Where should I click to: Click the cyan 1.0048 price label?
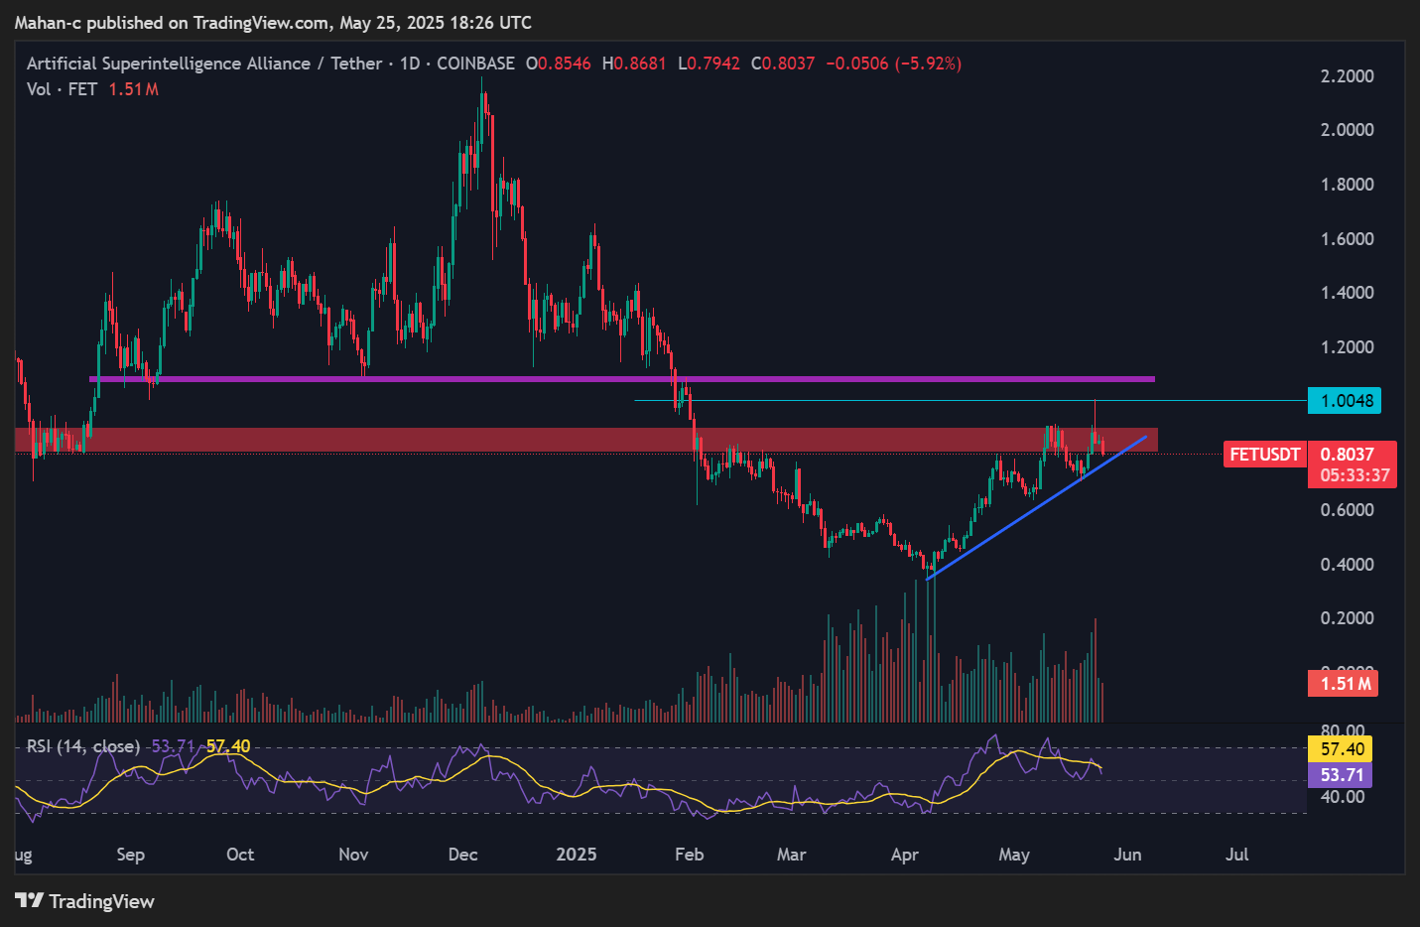(1346, 401)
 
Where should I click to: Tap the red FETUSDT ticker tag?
(1264, 455)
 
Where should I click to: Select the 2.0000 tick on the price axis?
(1347, 130)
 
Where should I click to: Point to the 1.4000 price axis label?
(1347, 293)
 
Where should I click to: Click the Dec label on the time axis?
(462, 855)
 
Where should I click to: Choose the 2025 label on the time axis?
(577, 855)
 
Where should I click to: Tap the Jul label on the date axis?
(1236, 855)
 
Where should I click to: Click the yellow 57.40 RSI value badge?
(1342, 749)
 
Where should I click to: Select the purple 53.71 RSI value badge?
(1342, 775)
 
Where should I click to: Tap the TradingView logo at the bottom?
(85, 901)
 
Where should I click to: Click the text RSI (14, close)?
(82, 746)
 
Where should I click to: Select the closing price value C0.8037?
(783, 64)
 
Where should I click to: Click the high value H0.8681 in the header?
(634, 64)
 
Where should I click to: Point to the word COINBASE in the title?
(475, 64)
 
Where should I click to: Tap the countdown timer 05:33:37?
(1355, 475)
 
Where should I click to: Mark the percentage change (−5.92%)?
(929, 64)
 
